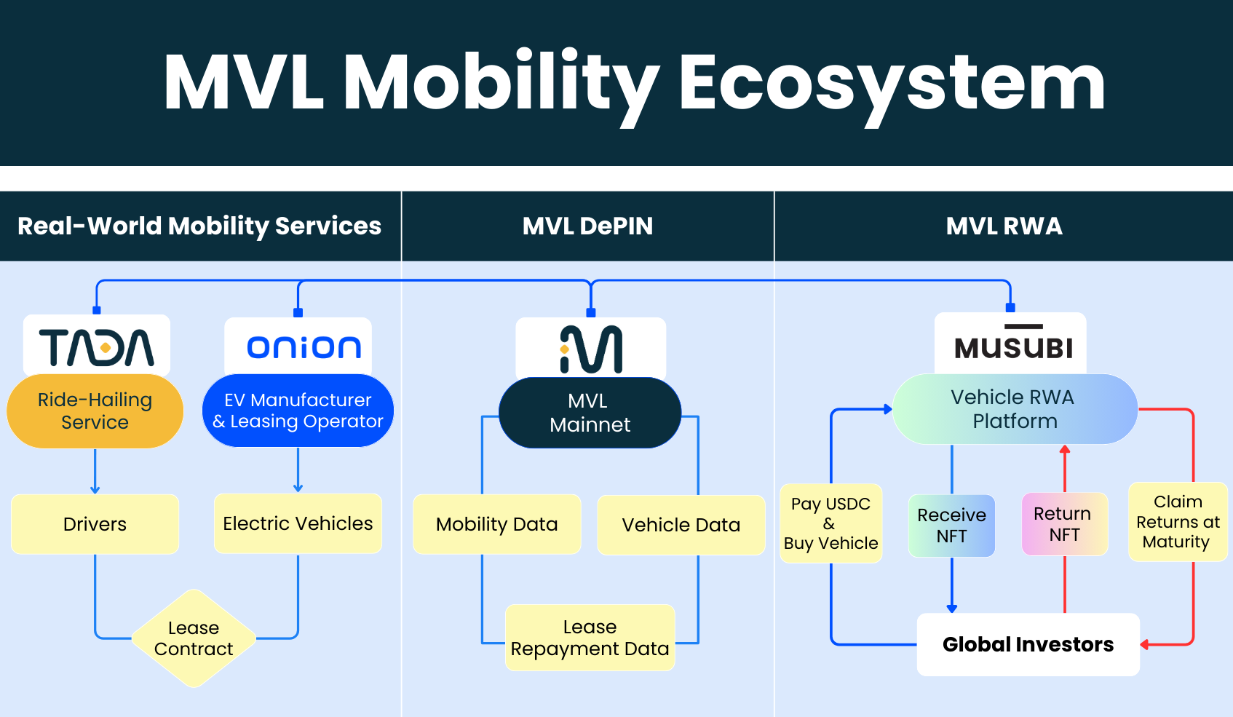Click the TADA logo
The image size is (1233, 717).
(x=97, y=346)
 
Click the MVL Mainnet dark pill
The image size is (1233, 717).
(x=590, y=413)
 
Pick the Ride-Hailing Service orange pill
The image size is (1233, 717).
(x=95, y=411)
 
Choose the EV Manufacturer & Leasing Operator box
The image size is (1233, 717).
(x=298, y=411)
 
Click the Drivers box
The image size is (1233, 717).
(x=95, y=524)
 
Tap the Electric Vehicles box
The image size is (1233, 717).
(x=298, y=523)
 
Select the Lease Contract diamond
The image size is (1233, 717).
(x=194, y=638)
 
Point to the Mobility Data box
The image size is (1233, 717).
(x=497, y=524)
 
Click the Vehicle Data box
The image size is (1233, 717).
(x=681, y=525)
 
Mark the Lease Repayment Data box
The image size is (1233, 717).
(x=590, y=638)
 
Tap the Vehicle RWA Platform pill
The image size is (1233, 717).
(x=1015, y=409)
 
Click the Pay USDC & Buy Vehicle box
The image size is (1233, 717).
(x=831, y=523)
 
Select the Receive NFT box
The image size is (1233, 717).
(x=951, y=526)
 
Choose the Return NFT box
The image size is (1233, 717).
(x=1064, y=524)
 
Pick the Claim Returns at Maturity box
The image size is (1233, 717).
(x=1178, y=522)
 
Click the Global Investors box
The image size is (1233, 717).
(x=1028, y=644)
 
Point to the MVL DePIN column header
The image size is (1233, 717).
(x=587, y=226)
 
